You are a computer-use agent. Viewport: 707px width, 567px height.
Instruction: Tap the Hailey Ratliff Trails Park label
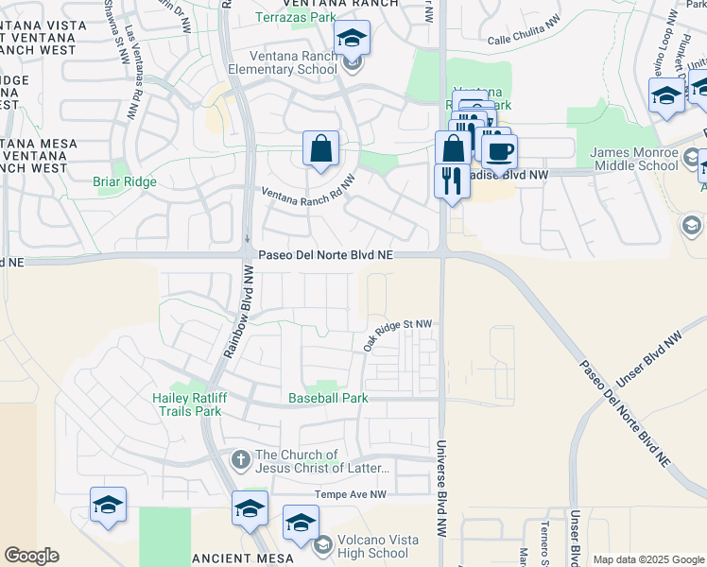[186, 404]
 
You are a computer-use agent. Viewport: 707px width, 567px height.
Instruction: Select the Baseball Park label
[328, 398]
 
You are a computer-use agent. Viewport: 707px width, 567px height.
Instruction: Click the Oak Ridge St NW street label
[397, 335]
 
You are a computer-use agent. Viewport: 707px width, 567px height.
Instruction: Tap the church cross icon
[241, 460]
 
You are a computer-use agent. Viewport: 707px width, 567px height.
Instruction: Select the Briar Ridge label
[125, 181]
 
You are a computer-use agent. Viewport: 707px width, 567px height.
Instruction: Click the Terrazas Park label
[295, 18]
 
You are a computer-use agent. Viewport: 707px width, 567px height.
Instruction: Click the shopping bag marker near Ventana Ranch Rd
[320, 148]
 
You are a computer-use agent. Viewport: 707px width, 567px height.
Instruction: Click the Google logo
[31, 556]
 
